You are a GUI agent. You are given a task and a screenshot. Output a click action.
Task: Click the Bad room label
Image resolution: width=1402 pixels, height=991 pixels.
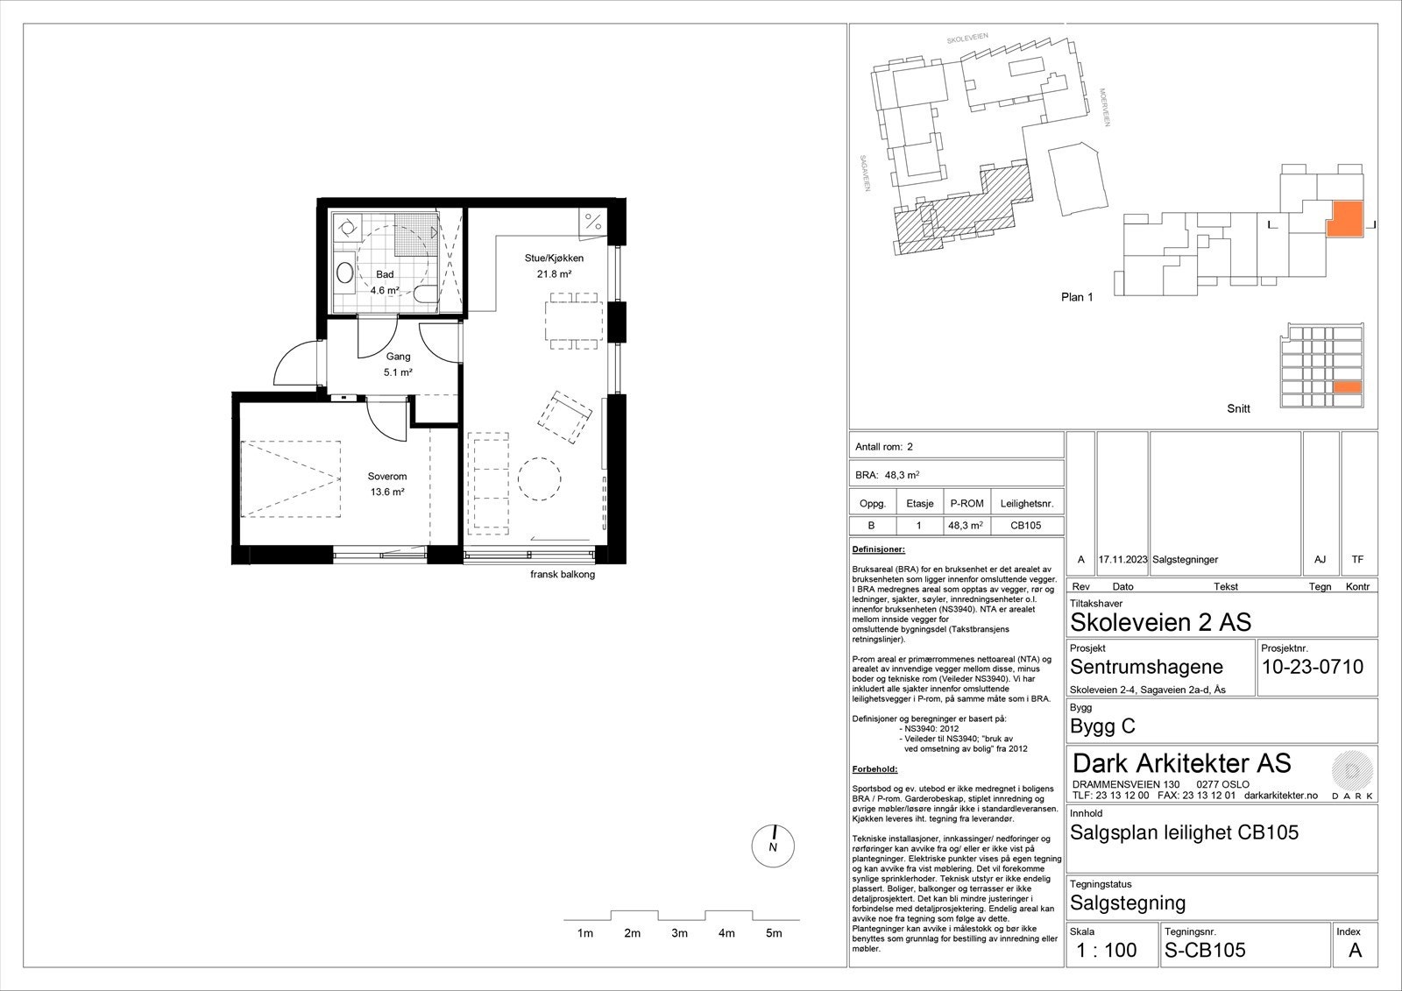385,274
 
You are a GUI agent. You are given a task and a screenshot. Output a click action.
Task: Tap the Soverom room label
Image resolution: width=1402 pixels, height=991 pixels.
386,477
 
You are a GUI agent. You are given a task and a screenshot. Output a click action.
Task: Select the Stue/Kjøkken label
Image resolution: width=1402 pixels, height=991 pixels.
554,258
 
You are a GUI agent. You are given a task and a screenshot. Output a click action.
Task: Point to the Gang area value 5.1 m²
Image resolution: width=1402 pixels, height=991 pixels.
398,372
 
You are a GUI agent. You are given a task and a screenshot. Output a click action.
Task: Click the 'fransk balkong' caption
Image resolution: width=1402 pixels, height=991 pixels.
563,574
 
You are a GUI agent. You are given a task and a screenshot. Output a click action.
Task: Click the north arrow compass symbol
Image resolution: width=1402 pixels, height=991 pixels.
773,846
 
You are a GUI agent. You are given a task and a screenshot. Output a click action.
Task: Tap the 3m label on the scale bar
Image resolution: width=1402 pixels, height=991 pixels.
679,933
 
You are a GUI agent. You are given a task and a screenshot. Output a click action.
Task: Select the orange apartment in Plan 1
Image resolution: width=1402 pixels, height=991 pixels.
1344,219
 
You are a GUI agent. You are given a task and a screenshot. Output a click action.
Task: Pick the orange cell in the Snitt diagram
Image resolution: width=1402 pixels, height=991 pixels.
1347,387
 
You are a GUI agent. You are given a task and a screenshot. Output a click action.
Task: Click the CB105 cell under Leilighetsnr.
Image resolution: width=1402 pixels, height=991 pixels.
1026,526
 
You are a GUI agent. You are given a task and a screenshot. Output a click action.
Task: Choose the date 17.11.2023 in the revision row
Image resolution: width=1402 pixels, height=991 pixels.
1122,560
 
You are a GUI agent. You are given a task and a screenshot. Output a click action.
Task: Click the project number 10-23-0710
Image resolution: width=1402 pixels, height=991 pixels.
1313,668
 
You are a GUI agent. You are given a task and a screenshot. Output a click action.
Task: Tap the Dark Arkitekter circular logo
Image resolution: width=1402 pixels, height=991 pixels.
1352,771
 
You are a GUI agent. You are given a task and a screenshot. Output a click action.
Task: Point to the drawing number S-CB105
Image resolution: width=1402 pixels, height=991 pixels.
1205,951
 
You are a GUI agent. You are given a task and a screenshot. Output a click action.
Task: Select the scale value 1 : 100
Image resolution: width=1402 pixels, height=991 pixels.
1107,951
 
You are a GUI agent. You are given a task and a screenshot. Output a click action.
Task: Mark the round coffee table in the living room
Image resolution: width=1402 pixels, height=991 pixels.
539,479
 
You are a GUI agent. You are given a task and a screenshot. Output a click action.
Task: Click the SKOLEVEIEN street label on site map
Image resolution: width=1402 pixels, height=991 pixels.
967,39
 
